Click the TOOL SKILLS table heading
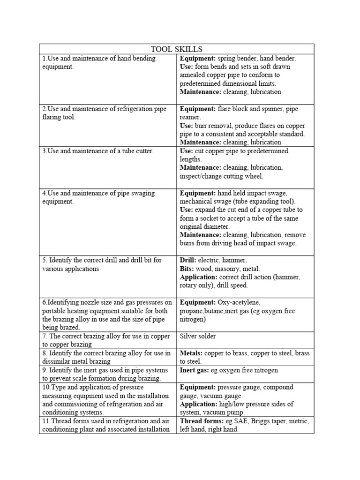176,49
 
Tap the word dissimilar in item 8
57,361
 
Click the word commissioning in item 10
78,404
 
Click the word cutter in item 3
142,151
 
